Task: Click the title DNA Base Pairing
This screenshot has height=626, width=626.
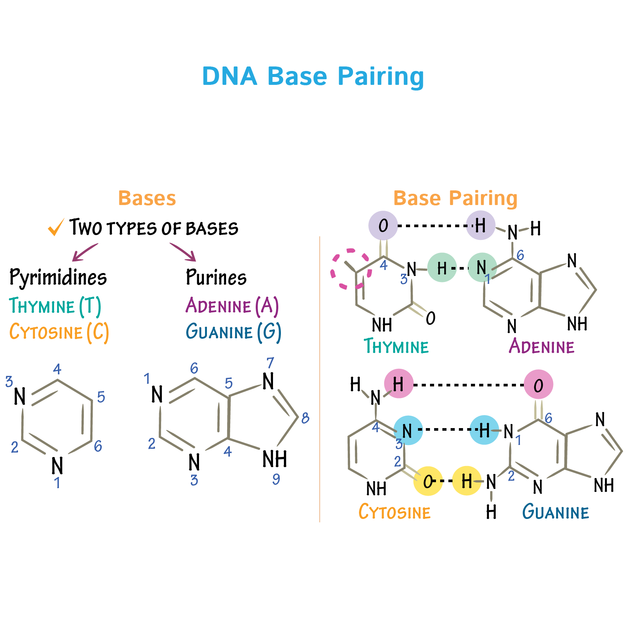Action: [x=313, y=76]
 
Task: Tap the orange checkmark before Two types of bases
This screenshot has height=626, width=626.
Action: [x=56, y=227]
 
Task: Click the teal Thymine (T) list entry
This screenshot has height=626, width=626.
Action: [x=55, y=306]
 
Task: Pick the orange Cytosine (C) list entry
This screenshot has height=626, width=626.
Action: [x=59, y=332]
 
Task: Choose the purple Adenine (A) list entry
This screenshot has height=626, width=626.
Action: [x=232, y=306]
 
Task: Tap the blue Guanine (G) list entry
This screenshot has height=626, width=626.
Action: [x=233, y=332]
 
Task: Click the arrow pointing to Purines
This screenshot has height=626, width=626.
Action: [x=183, y=252]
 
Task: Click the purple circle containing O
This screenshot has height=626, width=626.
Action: [x=383, y=225]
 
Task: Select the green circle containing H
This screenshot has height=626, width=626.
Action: [x=442, y=268]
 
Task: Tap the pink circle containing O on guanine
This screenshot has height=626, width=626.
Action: [x=538, y=385]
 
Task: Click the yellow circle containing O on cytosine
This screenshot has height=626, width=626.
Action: [x=428, y=481]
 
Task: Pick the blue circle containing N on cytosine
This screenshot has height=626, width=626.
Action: [x=408, y=430]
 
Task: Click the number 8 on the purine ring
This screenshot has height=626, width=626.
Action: [x=305, y=418]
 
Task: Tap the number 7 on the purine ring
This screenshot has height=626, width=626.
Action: [x=270, y=363]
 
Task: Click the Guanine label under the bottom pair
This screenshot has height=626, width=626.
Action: [x=555, y=512]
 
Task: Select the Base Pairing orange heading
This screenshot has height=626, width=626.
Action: [x=455, y=198]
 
